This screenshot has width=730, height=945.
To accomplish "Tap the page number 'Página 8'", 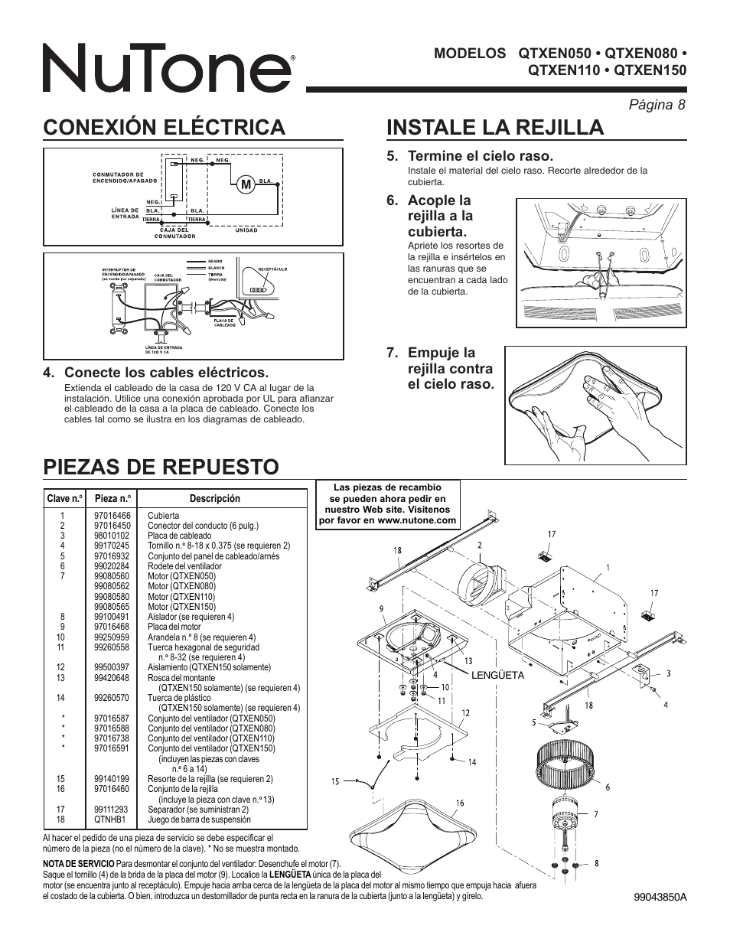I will tap(657, 105).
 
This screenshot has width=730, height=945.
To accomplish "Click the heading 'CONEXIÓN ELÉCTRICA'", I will tap(164, 127).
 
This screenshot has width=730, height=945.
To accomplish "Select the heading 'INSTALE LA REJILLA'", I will tap(495, 127).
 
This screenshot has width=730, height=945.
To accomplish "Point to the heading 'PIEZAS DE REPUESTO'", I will tap(161, 466).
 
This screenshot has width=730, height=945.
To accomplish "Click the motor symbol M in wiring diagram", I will tap(245, 184).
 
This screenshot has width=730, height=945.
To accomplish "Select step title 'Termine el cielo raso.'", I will tap(480, 156).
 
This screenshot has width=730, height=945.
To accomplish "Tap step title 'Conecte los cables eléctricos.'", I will tap(166, 373).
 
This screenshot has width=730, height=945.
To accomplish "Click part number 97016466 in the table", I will tap(112, 516).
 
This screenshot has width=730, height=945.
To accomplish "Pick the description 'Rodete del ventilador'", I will tap(184, 566).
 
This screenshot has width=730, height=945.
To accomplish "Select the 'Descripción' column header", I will tap(214, 498).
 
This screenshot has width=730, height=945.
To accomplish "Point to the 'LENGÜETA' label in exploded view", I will tap(497, 676).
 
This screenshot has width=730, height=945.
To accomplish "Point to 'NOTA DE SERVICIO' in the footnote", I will tap(78, 863).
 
